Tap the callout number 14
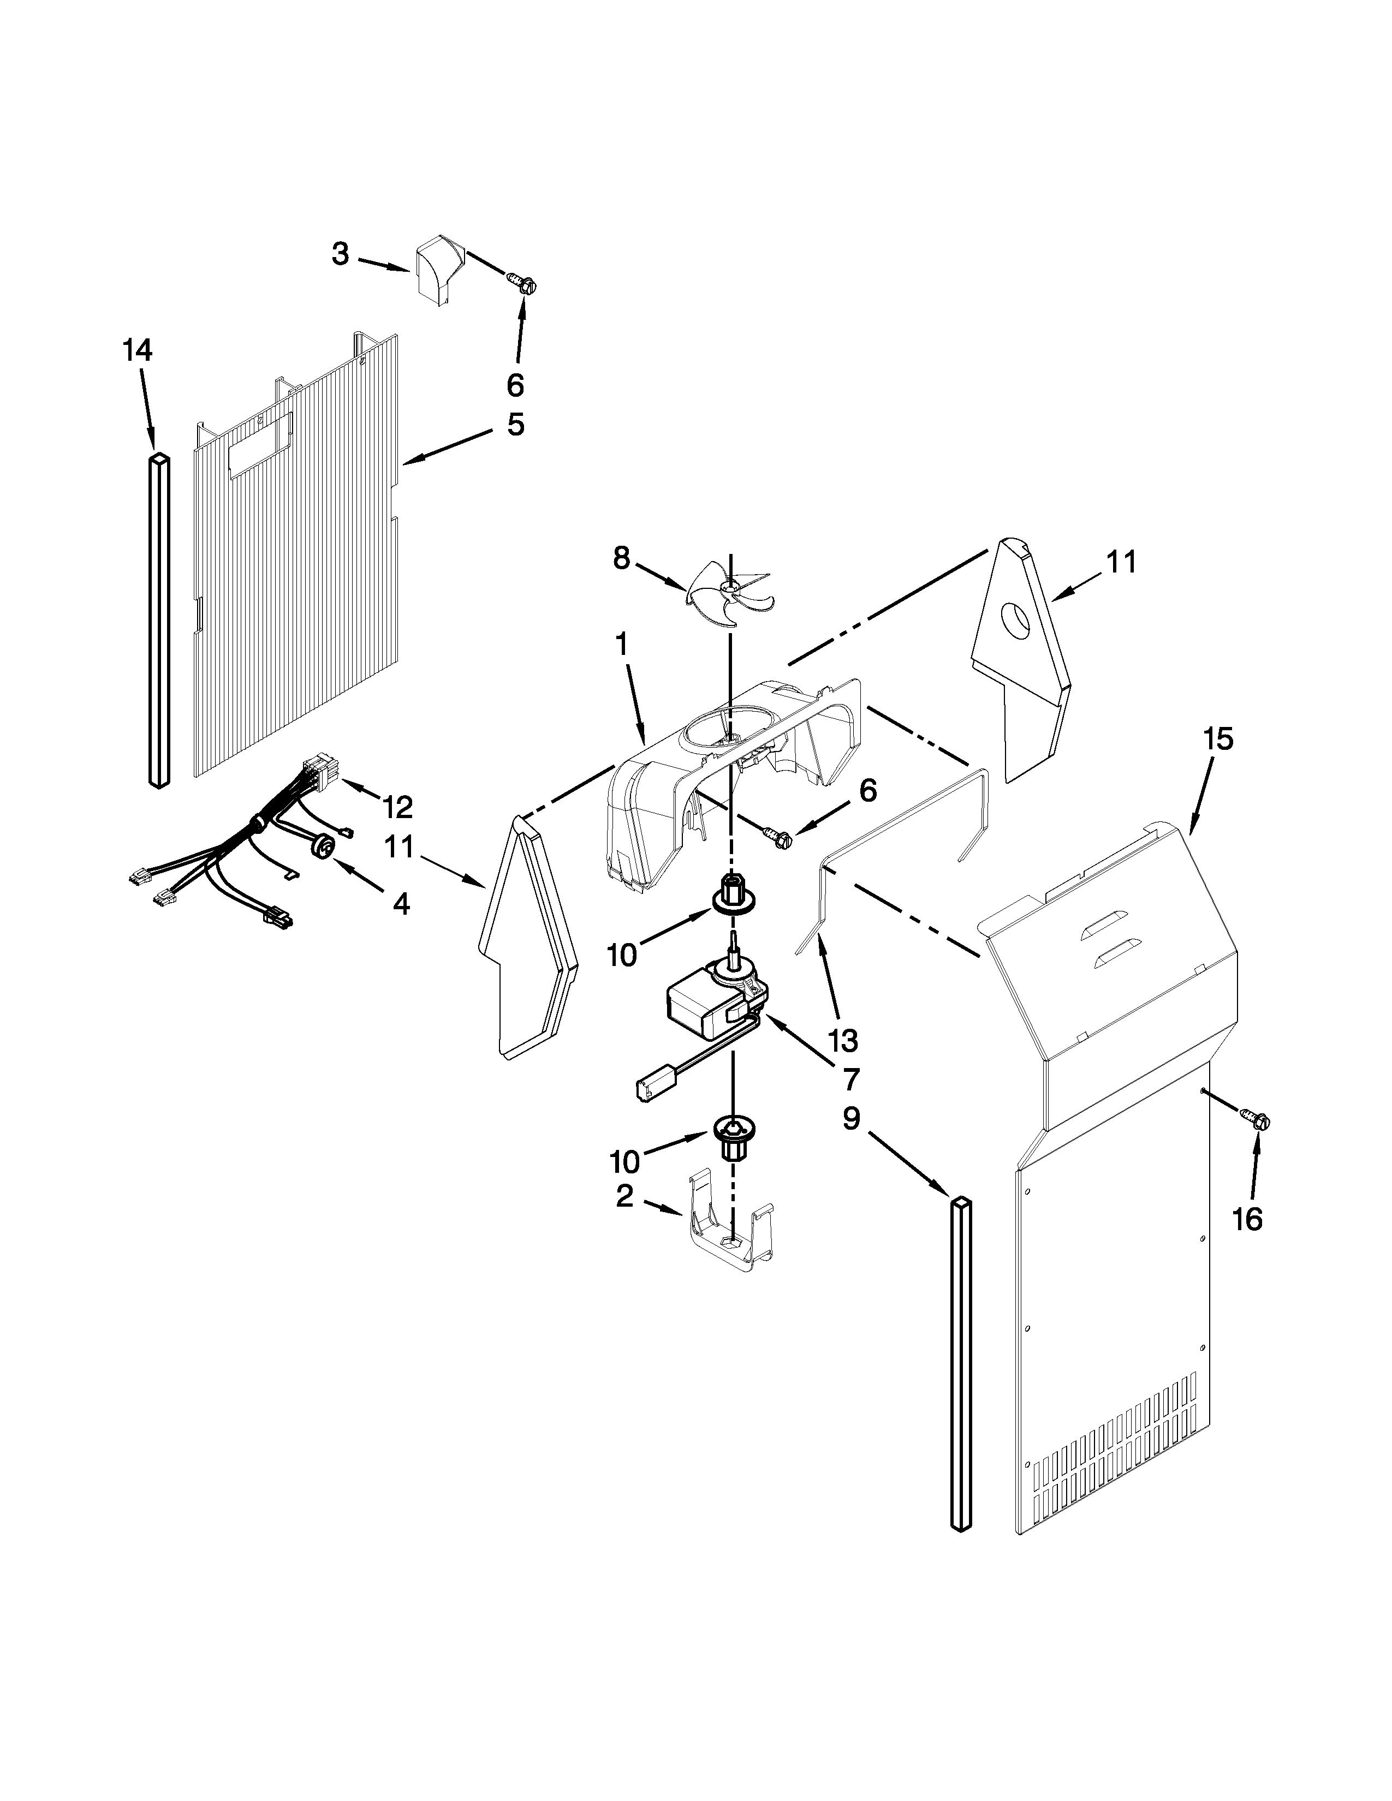138,351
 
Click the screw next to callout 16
1259,1120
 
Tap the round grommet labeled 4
324,845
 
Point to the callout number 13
843,1041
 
